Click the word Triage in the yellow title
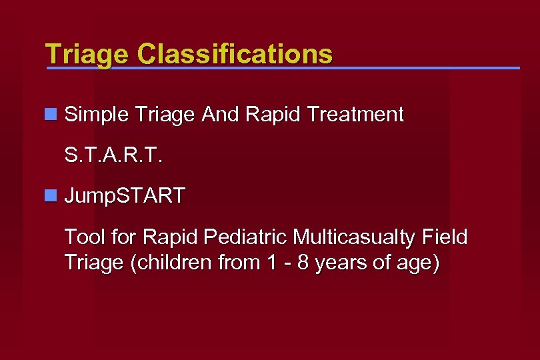coord(78,53)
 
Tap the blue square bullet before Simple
coord(50,115)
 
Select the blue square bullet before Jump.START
coord(50,196)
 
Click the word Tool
coord(81,237)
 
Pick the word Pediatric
coord(246,237)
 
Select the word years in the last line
coord(339,263)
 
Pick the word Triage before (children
coord(94,263)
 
